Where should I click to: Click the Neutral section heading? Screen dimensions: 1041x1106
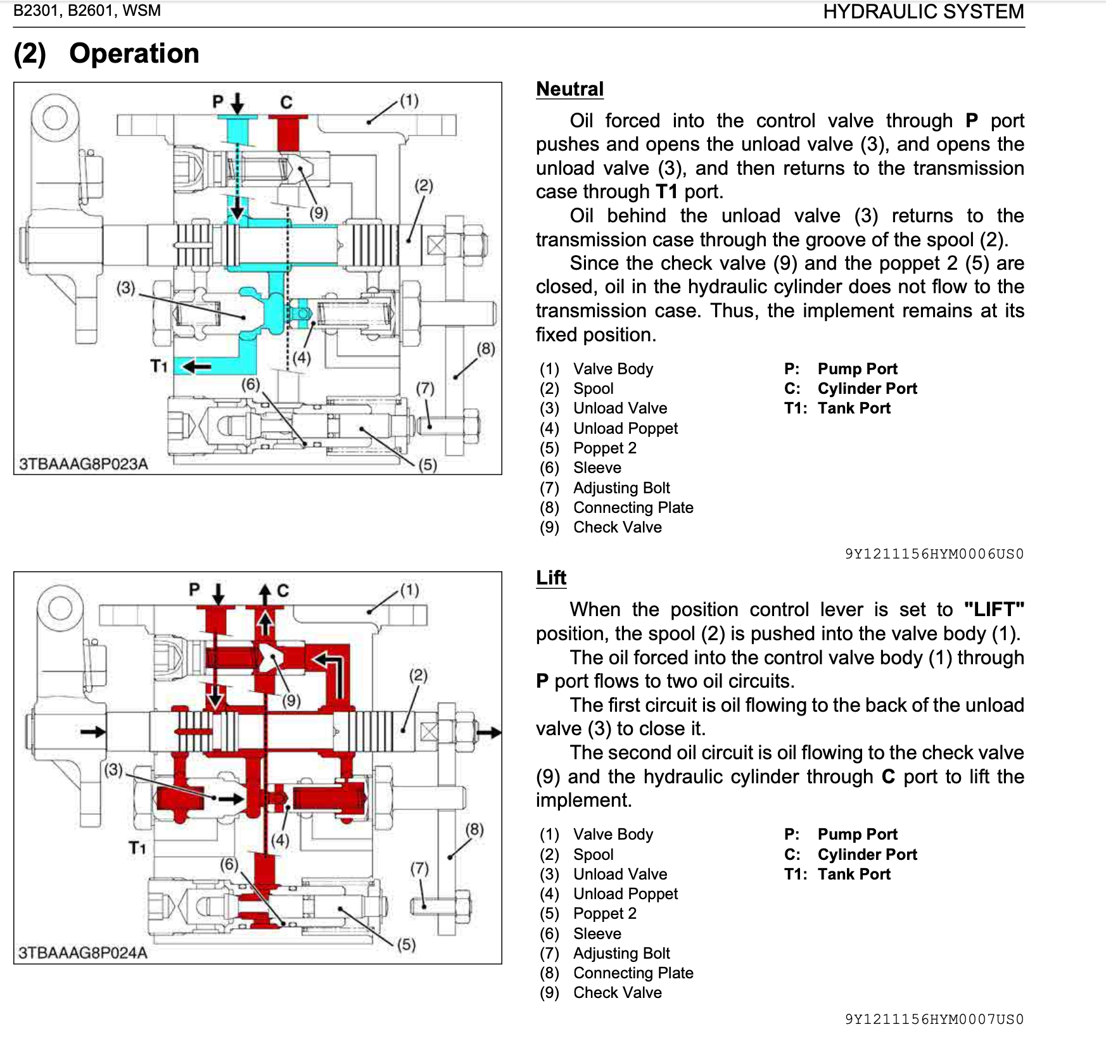(x=569, y=89)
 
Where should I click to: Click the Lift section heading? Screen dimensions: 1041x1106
(x=550, y=577)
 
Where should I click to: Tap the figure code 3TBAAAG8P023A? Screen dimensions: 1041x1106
(x=83, y=464)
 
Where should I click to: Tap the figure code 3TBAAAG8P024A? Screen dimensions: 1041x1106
(x=83, y=952)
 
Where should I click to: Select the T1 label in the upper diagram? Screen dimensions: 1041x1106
(x=158, y=366)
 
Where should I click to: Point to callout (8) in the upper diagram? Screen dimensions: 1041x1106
(x=485, y=349)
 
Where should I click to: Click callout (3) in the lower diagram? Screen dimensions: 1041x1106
(x=113, y=770)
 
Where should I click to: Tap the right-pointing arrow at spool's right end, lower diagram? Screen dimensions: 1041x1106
(x=488, y=733)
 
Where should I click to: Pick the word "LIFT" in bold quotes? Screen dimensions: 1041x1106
(x=993, y=609)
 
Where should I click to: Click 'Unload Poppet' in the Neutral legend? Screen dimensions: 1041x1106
(x=625, y=428)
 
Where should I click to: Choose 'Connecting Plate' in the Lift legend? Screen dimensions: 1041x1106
(x=633, y=973)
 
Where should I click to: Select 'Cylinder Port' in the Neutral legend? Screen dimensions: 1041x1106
(x=867, y=388)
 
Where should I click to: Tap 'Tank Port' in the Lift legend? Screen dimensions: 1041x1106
(x=854, y=874)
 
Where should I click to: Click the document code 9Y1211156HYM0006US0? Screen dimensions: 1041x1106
(x=934, y=554)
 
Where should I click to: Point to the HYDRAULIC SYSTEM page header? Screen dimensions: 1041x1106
(x=923, y=12)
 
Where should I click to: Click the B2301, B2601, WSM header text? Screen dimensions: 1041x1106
(x=87, y=11)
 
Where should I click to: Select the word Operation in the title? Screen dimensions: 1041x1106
(x=134, y=53)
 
